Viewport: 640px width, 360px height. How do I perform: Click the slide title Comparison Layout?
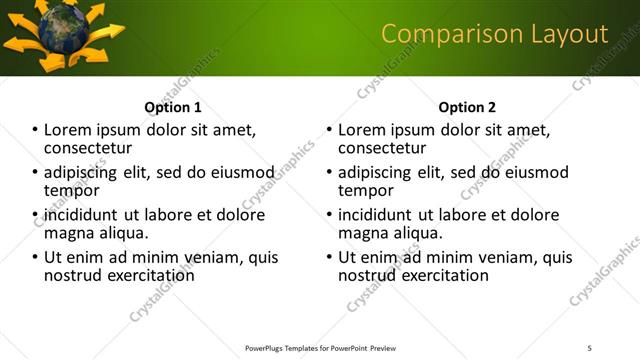tap(494, 34)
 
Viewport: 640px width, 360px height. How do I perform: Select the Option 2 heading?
tap(467, 107)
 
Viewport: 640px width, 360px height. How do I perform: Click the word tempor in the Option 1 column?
tap(71, 190)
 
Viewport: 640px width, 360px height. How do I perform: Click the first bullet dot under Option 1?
tap(35, 130)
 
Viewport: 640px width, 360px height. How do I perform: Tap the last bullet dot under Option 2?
tap(329, 257)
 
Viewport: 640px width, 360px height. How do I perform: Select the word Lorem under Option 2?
tap(362, 130)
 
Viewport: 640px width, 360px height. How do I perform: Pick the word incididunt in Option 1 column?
tap(81, 215)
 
